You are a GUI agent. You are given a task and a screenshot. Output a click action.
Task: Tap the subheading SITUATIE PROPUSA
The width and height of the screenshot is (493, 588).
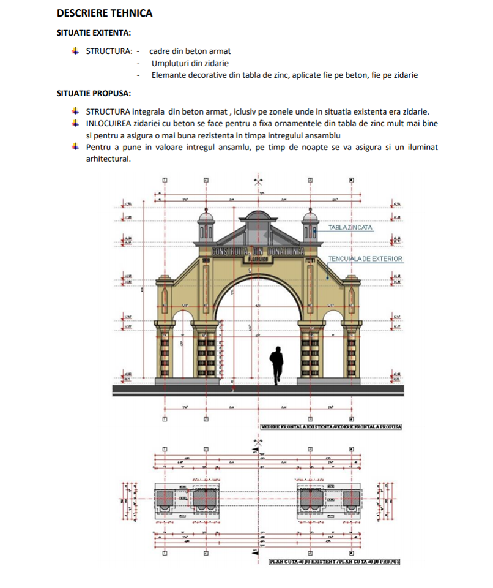tap(93, 94)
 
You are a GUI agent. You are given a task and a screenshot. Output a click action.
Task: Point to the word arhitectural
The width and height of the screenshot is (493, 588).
tap(108, 159)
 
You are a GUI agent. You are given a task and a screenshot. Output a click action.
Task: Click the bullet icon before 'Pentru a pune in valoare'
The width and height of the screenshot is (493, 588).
tap(75, 147)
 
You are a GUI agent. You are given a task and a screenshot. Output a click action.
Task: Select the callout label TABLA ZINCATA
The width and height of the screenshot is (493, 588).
tap(350, 227)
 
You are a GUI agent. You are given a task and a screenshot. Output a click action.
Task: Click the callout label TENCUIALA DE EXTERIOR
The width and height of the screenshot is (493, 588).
tap(365, 258)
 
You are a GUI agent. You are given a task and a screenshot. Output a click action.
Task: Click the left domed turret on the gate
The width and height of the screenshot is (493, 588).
tap(205, 225)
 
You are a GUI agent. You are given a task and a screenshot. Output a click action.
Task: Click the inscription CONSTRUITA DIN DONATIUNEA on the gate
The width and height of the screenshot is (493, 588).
tap(258, 252)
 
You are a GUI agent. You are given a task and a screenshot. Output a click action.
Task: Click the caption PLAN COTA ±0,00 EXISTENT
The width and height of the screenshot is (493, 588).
tap(302, 560)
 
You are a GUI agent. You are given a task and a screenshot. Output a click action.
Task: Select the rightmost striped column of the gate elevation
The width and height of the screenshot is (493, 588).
tap(351, 355)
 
